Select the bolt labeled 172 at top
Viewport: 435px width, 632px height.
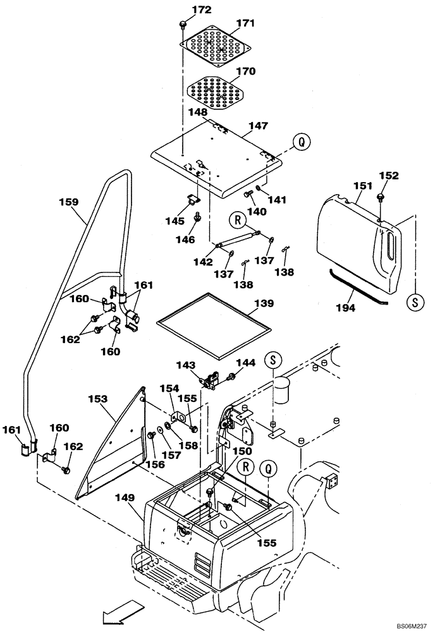[183, 24]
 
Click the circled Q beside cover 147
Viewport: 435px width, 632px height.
[302, 142]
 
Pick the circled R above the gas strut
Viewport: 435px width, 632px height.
[238, 221]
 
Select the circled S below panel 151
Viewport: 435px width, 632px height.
[415, 301]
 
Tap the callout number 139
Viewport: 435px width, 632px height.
[265, 304]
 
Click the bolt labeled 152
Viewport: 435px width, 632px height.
[381, 197]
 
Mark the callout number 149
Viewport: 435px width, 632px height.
[125, 498]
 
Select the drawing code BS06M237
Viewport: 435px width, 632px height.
[412, 625]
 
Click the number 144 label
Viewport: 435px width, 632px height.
[245, 363]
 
